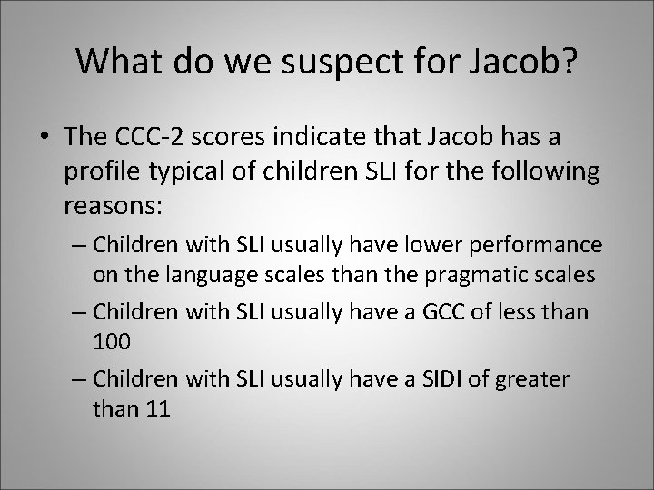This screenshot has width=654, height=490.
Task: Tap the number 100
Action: click(x=112, y=340)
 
